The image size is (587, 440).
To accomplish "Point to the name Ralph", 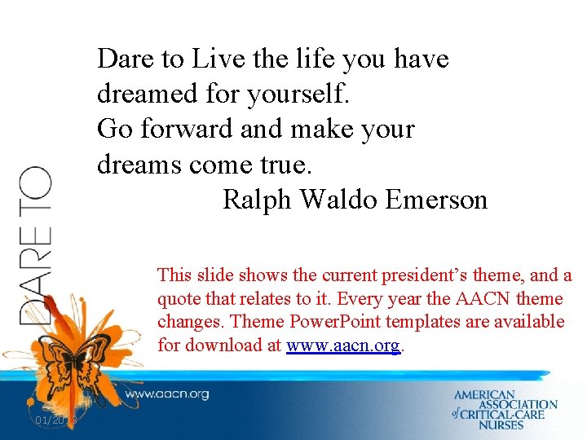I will pos(253,200).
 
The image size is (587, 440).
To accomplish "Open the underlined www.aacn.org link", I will pos(343,345).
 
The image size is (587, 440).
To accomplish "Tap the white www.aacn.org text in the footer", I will pos(166,394).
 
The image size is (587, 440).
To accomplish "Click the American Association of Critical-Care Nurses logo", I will pos(505,410).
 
